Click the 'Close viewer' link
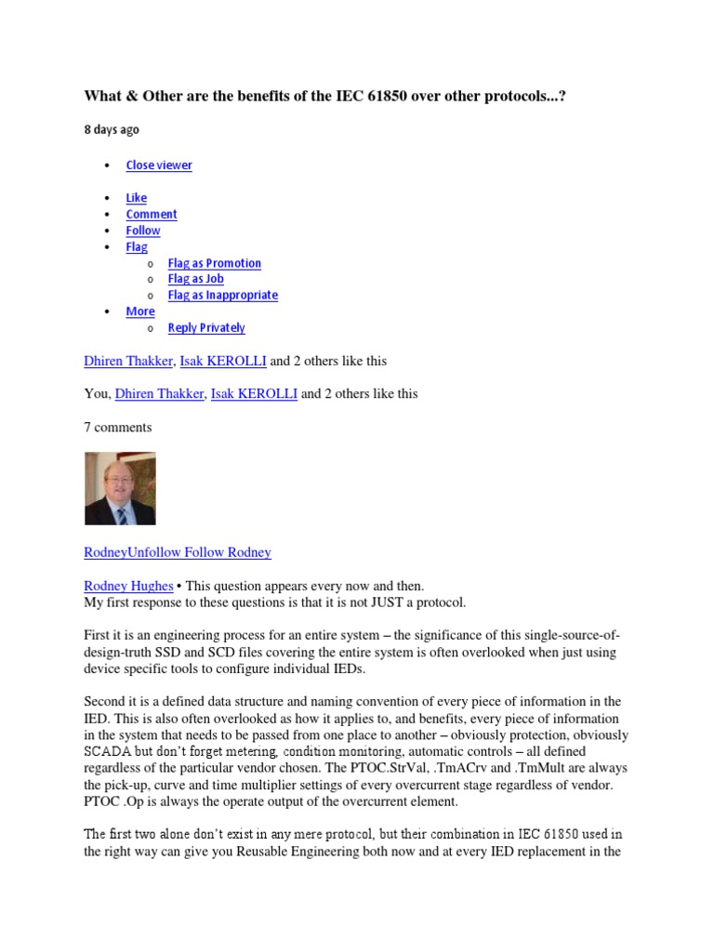coord(159,165)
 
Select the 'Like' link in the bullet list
coord(137,198)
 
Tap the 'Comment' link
coord(152,214)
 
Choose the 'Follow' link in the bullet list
coord(143,231)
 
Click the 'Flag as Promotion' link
coord(214,263)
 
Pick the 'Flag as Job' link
coord(195,279)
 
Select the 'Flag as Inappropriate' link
coord(222,296)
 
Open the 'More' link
coord(140,311)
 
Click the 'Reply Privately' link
coord(206,328)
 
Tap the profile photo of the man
coord(120,488)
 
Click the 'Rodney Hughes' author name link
coord(128,587)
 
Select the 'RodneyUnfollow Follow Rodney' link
coord(178,552)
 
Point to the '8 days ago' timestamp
coord(112,130)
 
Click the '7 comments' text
coord(118,428)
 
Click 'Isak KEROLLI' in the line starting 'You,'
coord(254,394)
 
